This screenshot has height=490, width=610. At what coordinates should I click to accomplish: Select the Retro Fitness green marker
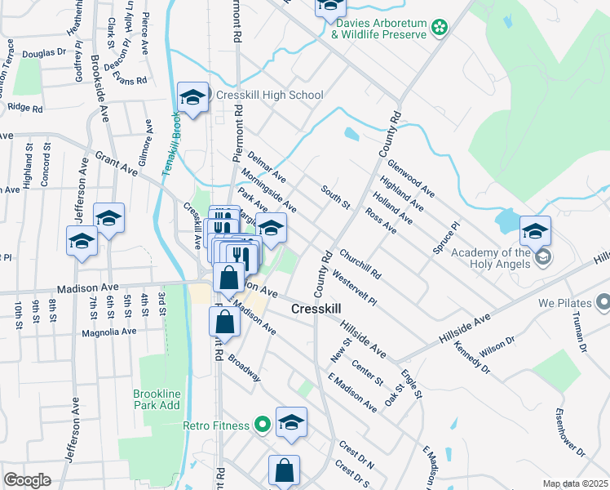coord(262,424)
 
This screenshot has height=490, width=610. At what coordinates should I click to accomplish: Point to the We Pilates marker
coord(603,304)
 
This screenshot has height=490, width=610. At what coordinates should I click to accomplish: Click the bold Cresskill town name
coord(317,310)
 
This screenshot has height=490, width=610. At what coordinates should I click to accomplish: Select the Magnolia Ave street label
coord(108,332)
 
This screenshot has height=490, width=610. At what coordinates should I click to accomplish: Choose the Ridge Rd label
coord(24,107)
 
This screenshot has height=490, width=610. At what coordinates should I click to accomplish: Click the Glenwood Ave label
coord(411,178)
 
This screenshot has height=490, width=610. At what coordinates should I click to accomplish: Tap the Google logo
coord(27,479)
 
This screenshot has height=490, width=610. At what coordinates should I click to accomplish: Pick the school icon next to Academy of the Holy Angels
coord(534,231)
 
